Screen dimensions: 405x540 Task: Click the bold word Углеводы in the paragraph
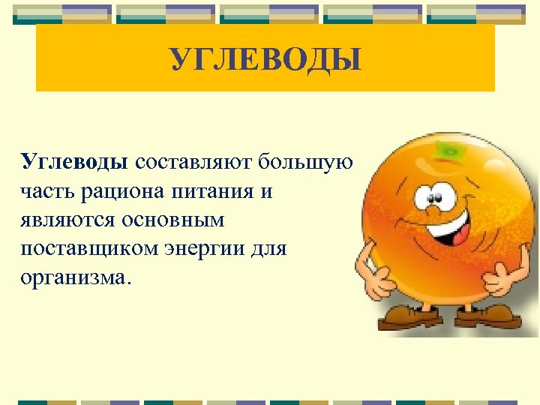point(76,162)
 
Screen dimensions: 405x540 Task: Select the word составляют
point(194,162)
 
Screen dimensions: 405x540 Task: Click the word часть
point(43,191)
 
